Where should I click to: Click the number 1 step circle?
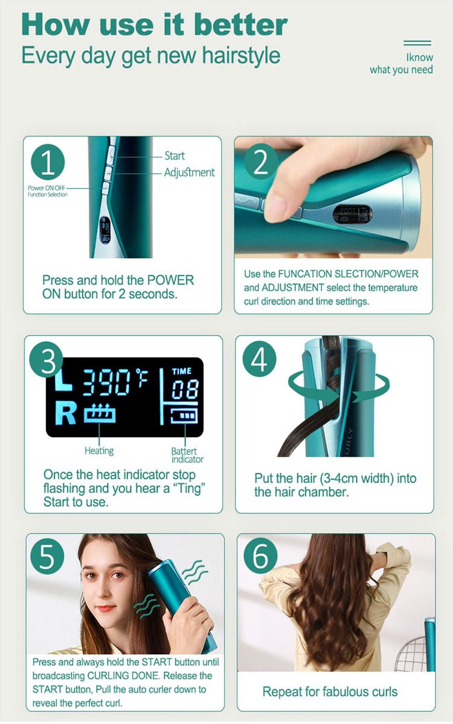tap(48, 162)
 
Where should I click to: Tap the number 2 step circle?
tap(261, 161)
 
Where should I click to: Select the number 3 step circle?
tap(47, 360)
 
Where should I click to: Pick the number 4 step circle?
tap(259, 359)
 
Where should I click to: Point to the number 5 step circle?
tap(47, 556)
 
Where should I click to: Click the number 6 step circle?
tap(260, 556)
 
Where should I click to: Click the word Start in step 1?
tap(175, 156)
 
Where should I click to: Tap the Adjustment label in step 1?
tap(189, 173)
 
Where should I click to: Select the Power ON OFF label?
tap(47, 188)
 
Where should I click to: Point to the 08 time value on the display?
tap(185, 390)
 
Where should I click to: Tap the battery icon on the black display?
tap(184, 416)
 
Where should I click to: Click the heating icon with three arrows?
tap(100, 413)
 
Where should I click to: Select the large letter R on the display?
tap(66, 413)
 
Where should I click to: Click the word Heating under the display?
tap(99, 451)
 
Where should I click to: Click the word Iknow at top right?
tap(419, 57)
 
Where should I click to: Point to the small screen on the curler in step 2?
tap(352, 214)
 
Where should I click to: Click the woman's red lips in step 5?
tap(106, 608)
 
